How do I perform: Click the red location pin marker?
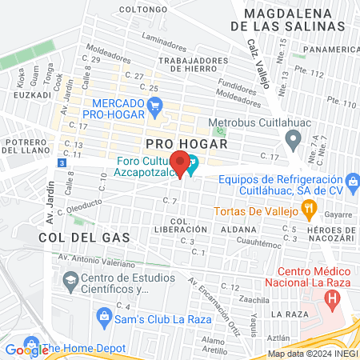[x=182, y=164]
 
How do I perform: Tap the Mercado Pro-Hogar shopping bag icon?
[x=156, y=104]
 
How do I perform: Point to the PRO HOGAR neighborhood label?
[x=186, y=143]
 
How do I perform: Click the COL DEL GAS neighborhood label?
[x=70, y=238]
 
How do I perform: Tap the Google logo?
[x=26, y=349]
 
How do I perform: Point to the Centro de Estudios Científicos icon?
[x=68, y=281]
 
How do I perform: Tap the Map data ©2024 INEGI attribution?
[x=313, y=354]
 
